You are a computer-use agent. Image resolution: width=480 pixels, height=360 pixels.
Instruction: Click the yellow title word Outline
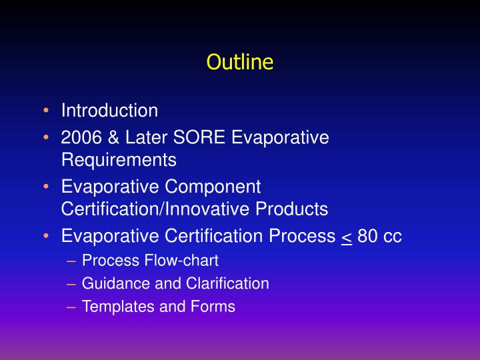tap(240, 62)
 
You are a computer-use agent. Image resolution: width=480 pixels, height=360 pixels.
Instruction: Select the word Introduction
tap(109, 110)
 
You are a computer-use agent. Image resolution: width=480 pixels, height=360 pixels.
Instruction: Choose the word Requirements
tap(119, 160)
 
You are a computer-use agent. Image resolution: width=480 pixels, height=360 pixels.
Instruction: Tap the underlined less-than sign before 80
tap(346, 237)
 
